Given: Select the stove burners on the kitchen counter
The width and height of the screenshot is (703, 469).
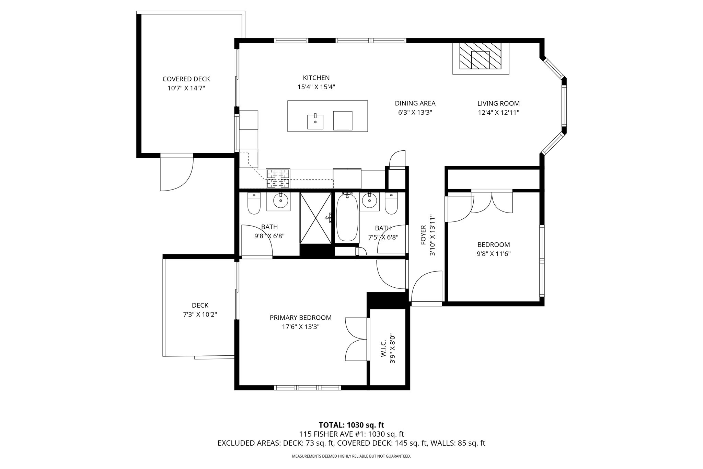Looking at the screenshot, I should pyautogui.click(x=278, y=178).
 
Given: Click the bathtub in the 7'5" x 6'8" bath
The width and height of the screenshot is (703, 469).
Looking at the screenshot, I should pyautogui.click(x=347, y=218).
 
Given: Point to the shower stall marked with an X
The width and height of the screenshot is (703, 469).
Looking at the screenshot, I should pyautogui.click(x=315, y=218).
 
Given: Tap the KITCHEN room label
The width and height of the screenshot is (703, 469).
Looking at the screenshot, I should pyautogui.click(x=316, y=78).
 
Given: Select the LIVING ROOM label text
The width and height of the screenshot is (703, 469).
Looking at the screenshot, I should pyautogui.click(x=498, y=103).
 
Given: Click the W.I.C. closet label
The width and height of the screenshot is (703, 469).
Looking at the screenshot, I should pyautogui.click(x=384, y=348).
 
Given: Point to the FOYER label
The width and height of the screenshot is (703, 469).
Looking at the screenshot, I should pyautogui.click(x=423, y=235).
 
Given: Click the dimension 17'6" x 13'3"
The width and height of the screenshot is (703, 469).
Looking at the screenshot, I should pyautogui.click(x=301, y=327).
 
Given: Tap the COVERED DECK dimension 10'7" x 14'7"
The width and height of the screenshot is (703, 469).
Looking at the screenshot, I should pyautogui.click(x=186, y=88).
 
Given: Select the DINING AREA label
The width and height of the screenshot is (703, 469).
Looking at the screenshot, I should pyautogui.click(x=415, y=103).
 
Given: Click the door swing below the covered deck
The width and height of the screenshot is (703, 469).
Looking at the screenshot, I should pyautogui.click(x=177, y=173).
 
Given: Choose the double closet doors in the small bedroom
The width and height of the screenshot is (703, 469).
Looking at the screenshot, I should pyautogui.click(x=492, y=203).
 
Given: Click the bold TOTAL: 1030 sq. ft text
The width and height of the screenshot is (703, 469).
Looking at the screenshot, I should pyautogui.click(x=351, y=425).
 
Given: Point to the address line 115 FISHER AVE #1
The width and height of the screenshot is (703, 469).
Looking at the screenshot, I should pyautogui.click(x=351, y=434).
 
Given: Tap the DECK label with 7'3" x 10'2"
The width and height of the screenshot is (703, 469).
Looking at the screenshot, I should pyautogui.click(x=200, y=305).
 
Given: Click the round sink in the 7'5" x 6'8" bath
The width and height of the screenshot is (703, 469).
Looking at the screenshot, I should pyautogui.click(x=370, y=201).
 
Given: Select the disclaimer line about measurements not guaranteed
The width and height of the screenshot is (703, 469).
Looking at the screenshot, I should pyautogui.click(x=351, y=456).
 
